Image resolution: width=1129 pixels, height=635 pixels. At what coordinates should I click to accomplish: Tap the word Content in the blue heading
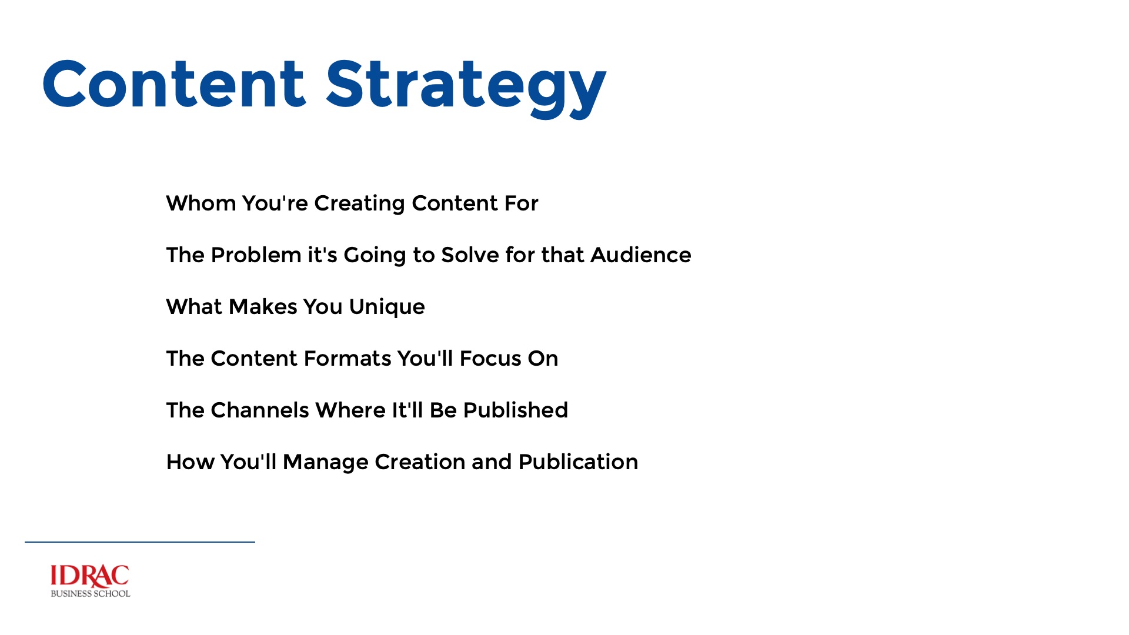coord(173,85)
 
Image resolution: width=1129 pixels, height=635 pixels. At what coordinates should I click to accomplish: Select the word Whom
coord(201,203)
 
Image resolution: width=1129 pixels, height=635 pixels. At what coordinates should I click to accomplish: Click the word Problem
coord(256,255)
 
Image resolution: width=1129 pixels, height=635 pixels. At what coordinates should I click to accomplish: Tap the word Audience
coord(640,255)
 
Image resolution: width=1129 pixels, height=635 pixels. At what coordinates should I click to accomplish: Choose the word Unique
coord(386,308)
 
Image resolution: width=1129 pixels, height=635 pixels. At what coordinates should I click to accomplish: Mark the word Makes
coord(263,307)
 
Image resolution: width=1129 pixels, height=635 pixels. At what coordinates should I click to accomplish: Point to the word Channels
coord(259,410)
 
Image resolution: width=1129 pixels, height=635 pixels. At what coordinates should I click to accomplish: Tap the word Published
coord(515,410)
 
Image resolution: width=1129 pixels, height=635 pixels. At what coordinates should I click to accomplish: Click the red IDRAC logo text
coord(90,576)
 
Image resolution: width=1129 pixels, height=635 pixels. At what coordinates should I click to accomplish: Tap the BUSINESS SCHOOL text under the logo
coord(91,594)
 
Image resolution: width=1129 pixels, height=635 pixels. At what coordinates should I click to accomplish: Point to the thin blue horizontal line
coord(140,542)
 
